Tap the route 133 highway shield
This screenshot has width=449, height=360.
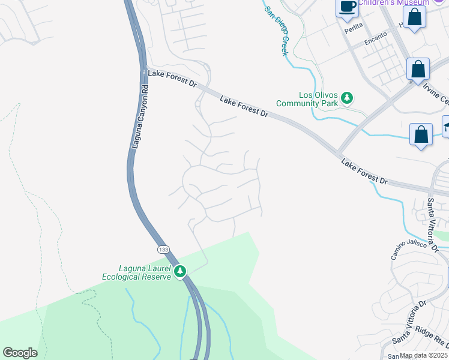pyautogui.click(x=163, y=248)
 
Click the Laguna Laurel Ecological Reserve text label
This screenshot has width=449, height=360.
pyautogui.click(x=137, y=272)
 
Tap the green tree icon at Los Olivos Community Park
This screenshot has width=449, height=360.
pyautogui.click(x=346, y=97)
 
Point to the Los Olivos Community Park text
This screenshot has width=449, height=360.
pyautogui.click(x=307, y=99)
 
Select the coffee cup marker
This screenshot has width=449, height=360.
pyautogui.click(x=347, y=7)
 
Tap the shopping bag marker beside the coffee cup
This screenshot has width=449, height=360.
pyautogui.click(x=415, y=16)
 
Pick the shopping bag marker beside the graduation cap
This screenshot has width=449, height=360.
pyautogui.click(x=421, y=134)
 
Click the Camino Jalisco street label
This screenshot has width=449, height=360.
pyautogui.click(x=408, y=249)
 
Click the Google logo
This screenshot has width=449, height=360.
pyautogui.click(x=20, y=352)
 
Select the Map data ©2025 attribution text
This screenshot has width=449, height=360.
pyautogui.click(x=424, y=355)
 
